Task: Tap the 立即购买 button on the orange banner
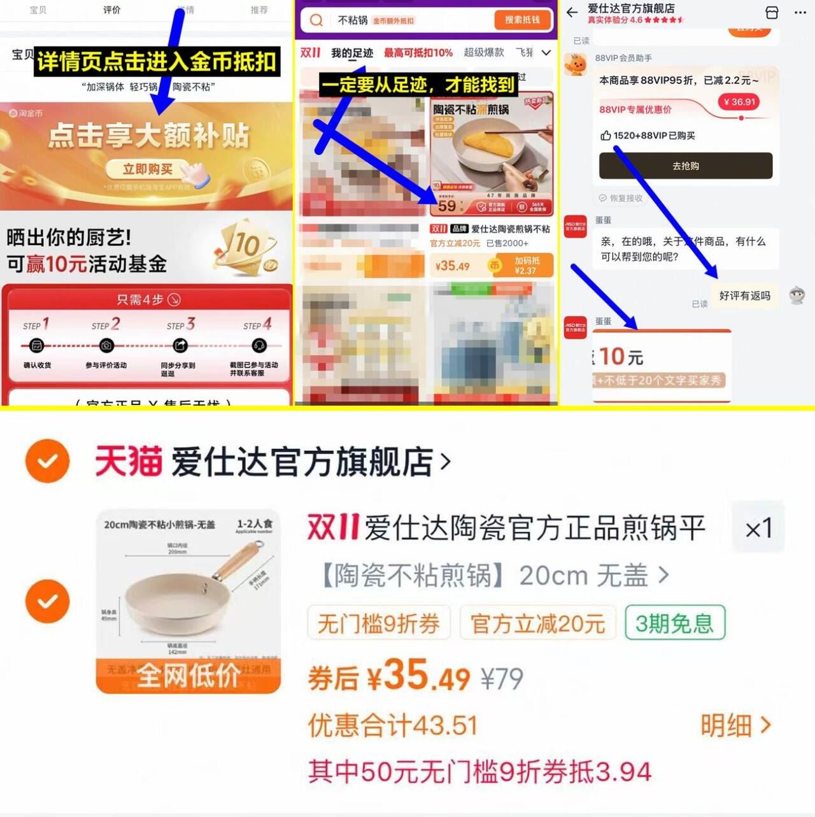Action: (148, 169)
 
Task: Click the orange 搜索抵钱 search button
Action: (521, 20)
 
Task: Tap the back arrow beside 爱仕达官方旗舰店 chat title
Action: (572, 12)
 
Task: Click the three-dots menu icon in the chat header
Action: (800, 12)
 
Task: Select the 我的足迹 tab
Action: (351, 53)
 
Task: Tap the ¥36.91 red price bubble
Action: (739, 102)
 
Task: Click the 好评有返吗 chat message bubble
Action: (744, 295)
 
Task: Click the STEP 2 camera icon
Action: (106, 346)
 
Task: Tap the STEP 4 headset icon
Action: (259, 346)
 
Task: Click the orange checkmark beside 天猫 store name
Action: (47, 460)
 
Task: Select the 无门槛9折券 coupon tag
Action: (379, 623)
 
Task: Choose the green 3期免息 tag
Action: (674, 623)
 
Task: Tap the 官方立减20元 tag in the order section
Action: (537, 623)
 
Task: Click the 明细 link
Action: (735, 725)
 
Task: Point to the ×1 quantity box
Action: (758, 529)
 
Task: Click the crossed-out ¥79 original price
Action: (502, 679)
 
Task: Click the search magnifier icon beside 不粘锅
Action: (316, 20)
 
